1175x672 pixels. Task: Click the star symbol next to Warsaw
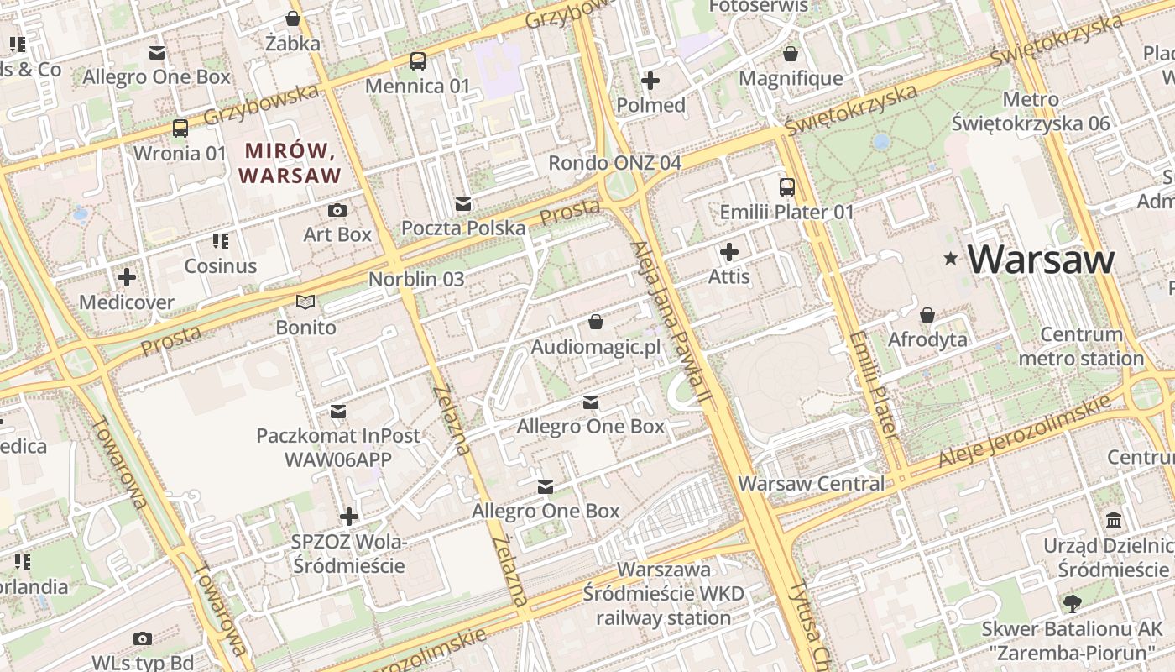point(950,259)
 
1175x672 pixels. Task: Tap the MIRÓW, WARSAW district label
point(290,164)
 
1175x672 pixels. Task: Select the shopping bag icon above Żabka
point(293,18)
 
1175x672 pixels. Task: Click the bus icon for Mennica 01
point(417,60)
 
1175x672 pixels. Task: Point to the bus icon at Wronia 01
point(180,129)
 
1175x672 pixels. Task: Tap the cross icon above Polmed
point(650,81)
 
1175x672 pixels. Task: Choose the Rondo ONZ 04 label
point(614,163)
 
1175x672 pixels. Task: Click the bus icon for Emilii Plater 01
point(786,186)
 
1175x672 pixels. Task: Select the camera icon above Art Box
point(337,210)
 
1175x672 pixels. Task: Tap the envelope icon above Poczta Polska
point(462,203)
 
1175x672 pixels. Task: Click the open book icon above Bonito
point(306,302)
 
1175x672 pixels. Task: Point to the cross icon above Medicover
point(127,276)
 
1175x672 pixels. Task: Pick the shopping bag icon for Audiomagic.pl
point(596,322)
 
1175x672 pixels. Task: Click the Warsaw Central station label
point(811,484)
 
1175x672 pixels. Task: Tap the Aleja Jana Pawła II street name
point(671,318)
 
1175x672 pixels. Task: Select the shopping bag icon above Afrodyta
point(927,315)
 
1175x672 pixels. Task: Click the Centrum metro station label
point(1081,346)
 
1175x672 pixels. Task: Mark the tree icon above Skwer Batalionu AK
point(1072,602)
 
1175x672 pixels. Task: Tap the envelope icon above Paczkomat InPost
point(338,411)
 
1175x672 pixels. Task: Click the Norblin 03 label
point(416,279)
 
